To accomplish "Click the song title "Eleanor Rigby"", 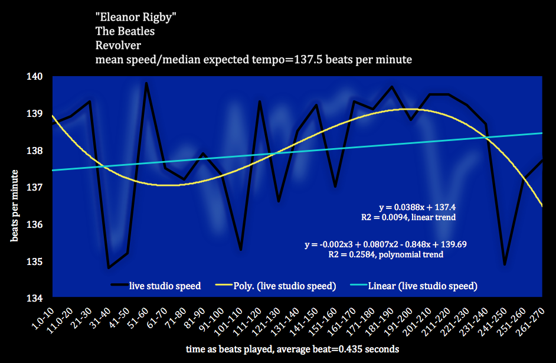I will tap(135, 17).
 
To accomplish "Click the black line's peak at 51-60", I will tap(146, 83).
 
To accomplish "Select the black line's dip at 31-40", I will tap(109, 268).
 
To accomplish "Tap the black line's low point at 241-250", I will tap(505, 264).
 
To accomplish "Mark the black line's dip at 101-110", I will tap(241, 250).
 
